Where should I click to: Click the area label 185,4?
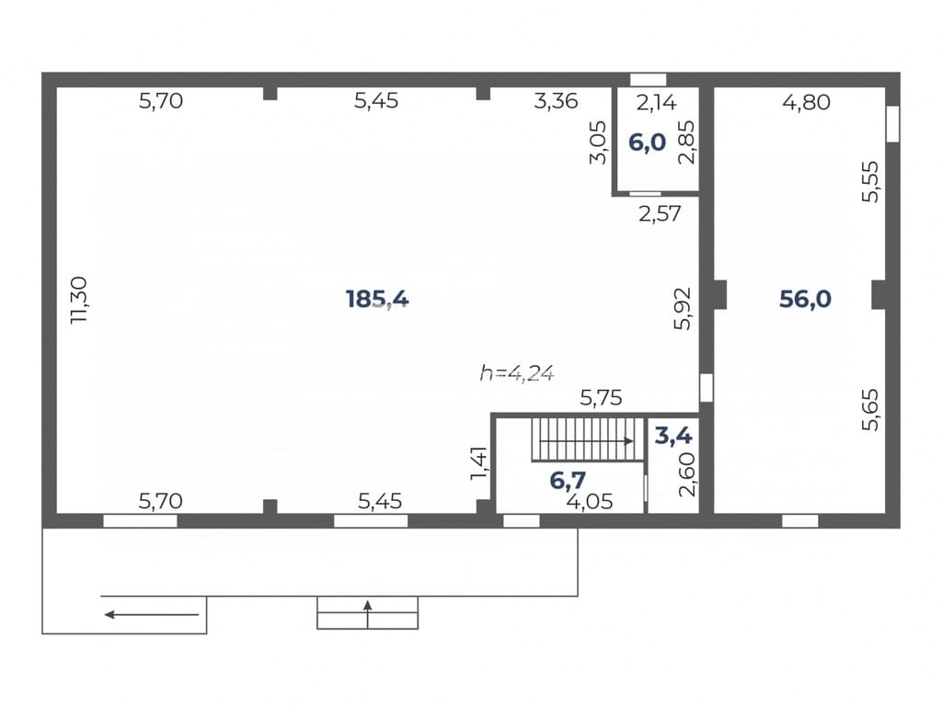pos(377,299)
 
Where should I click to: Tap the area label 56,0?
pos(805,299)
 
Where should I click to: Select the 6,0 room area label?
pos(647,142)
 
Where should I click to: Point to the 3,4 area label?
pos(673,435)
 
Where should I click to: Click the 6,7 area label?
pos(568,480)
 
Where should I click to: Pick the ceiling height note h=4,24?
pos(517,373)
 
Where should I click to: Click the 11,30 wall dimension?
pos(79,301)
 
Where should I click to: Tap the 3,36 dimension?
pos(556,101)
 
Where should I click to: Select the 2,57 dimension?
pos(660,213)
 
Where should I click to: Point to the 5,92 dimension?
pos(684,309)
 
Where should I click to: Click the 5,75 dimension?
pos(601,397)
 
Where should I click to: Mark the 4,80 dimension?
pos(806,102)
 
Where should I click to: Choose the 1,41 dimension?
pos(478,463)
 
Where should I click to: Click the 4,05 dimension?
pos(590,501)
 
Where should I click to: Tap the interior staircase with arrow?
pos(588,440)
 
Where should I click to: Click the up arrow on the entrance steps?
pos(368,613)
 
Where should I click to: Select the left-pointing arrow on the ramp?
pos(152,615)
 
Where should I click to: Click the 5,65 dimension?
pos(870,409)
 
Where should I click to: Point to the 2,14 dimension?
pos(657,103)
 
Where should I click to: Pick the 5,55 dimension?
pos(870,181)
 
